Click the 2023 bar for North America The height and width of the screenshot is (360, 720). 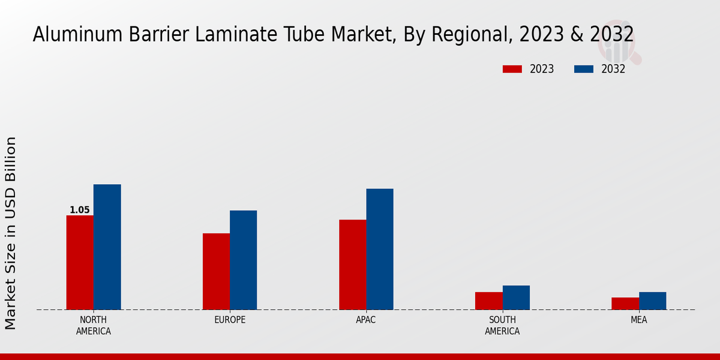pyautogui.click(x=80, y=262)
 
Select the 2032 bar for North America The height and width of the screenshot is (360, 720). pyautogui.click(x=107, y=247)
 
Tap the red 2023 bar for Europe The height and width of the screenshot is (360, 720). pyautogui.click(x=216, y=271)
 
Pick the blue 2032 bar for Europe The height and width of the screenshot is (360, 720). pyautogui.click(x=243, y=260)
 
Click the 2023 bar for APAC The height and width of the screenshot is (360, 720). pyautogui.click(x=352, y=265)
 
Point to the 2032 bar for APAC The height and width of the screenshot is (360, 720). pyautogui.click(x=380, y=249)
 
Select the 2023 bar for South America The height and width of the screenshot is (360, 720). pyautogui.click(x=488, y=301)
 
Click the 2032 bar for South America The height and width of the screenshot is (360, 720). pyautogui.click(x=516, y=298)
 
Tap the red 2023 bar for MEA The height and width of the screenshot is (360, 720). pyautogui.click(x=625, y=304)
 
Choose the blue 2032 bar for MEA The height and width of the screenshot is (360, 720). pyautogui.click(x=652, y=301)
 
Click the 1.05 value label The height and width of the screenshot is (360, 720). pyautogui.click(x=80, y=210)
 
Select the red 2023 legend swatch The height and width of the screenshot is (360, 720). pyautogui.click(x=512, y=69)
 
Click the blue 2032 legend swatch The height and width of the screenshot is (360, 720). pyautogui.click(x=583, y=69)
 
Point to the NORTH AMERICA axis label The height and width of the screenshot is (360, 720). pyautogui.click(x=94, y=325)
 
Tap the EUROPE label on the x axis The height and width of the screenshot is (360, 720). pyautogui.click(x=230, y=320)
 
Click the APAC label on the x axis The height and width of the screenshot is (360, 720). pyautogui.click(x=366, y=320)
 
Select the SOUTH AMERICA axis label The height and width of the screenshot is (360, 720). pyautogui.click(x=502, y=325)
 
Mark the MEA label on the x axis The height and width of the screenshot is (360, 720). pyautogui.click(x=638, y=320)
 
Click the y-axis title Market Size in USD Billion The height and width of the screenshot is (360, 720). pyautogui.click(x=11, y=233)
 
